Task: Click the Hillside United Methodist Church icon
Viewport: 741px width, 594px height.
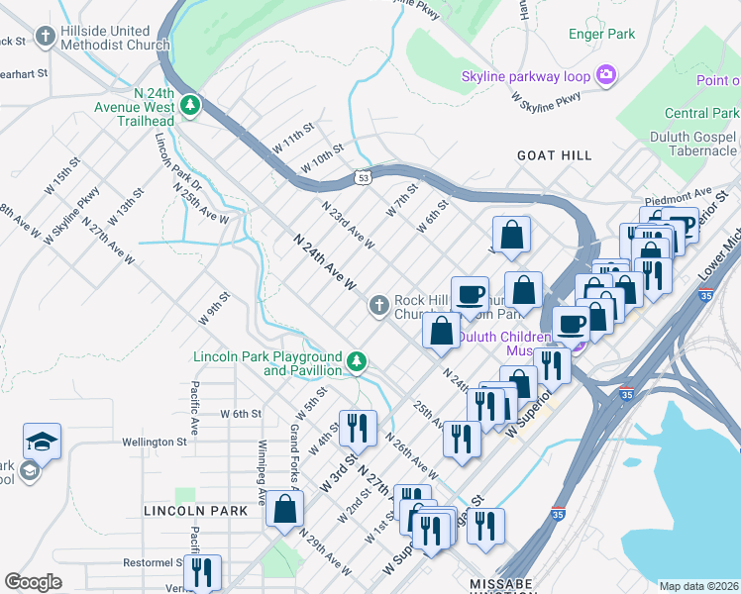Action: pyautogui.click(x=45, y=39)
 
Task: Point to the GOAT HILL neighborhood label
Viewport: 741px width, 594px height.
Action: pyautogui.click(x=555, y=155)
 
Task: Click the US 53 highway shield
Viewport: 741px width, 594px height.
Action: pyautogui.click(x=364, y=176)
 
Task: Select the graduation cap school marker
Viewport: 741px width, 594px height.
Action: pyautogui.click(x=42, y=441)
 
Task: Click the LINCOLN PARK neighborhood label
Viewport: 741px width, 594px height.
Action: pyautogui.click(x=194, y=511)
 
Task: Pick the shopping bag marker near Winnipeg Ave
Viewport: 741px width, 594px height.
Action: pyautogui.click(x=284, y=509)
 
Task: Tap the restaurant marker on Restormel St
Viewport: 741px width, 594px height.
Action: pyautogui.click(x=202, y=572)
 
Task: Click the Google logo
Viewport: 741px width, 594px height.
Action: pyautogui.click(x=33, y=582)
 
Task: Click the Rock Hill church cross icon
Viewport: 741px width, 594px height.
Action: pyautogui.click(x=378, y=306)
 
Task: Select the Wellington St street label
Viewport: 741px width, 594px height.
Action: pyautogui.click(x=155, y=443)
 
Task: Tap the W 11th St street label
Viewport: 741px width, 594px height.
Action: pyautogui.click(x=293, y=138)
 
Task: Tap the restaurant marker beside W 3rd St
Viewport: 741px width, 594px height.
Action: pyautogui.click(x=358, y=427)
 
